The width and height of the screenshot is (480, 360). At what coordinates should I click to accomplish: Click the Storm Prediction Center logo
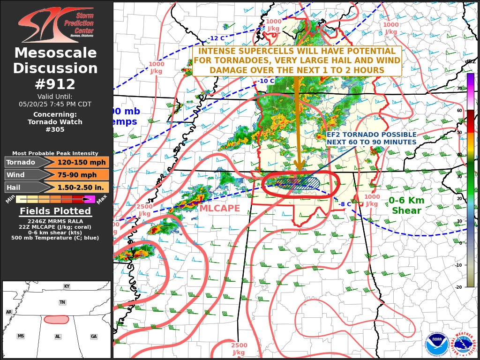[56, 24]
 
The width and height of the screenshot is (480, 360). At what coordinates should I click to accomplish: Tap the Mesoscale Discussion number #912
[55, 84]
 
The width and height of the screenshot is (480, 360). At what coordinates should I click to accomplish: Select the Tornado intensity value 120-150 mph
[78, 162]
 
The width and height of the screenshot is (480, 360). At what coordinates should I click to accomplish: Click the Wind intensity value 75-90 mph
[78, 175]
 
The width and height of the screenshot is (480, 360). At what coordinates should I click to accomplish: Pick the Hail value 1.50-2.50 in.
[78, 187]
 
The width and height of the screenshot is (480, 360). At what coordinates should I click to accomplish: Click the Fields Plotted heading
[55, 211]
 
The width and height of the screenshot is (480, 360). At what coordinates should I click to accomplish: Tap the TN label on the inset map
[62, 302]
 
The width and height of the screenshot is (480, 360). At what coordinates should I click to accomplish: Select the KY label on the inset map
[67, 286]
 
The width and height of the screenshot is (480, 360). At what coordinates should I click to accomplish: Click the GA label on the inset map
[94, 337]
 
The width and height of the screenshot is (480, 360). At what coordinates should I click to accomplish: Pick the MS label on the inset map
[21, 336]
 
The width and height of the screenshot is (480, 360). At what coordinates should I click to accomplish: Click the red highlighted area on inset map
[56, 319]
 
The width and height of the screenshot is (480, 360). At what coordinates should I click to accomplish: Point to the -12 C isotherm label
[216, 38]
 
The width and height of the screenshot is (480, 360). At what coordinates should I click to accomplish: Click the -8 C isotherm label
[345, 204]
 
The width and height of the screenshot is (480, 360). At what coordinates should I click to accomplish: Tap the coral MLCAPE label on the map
[219, 208]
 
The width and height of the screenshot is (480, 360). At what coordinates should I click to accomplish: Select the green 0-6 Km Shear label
[406, 205]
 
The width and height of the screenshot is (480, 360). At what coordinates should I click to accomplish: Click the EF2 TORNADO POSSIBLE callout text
[371, 138]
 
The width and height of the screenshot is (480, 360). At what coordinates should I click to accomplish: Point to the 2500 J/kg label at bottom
[239, 349]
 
